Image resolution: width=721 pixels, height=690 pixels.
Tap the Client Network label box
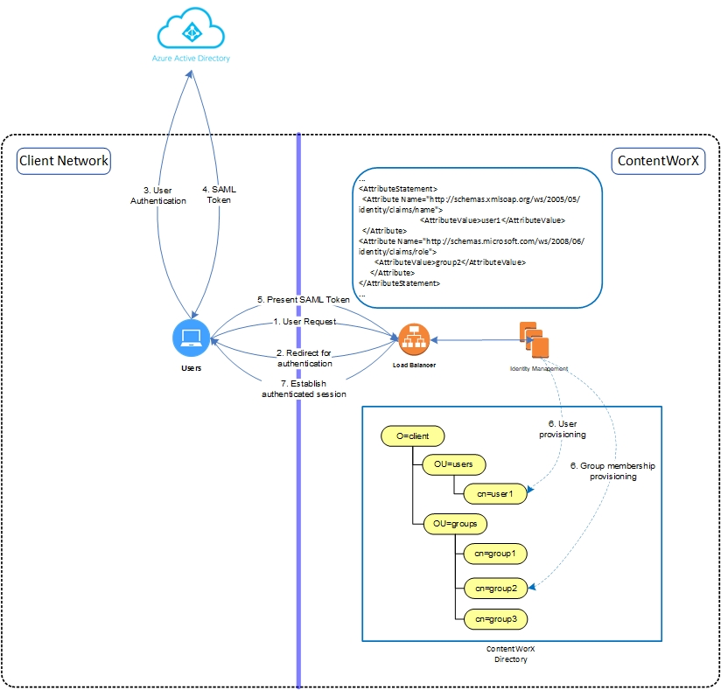[x=64, y=160]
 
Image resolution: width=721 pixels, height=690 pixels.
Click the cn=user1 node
[x=495, y=494]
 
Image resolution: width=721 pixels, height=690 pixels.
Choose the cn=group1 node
[x=495, y=554]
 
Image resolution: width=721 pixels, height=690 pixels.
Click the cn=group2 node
[x=495, y=588]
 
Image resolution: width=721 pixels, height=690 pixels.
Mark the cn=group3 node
[x=495, y=619]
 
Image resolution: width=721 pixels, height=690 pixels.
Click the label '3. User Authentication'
[x=158, y=195]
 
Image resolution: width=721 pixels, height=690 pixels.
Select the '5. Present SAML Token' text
[x=304, y=300]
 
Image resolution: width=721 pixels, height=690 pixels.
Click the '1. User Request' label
[x=304, y=321]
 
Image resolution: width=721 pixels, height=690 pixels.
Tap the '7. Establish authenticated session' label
[x=304, y=387]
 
